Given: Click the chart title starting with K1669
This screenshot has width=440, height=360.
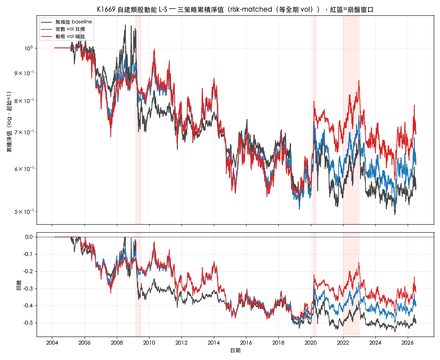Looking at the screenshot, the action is [235, 10].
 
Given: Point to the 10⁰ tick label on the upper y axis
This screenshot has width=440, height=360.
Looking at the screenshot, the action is [29, 48].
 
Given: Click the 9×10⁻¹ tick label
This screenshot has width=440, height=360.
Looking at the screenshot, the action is [24, 73].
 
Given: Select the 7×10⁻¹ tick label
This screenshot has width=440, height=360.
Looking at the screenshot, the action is [24, 132].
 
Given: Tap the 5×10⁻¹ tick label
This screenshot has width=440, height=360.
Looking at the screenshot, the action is [24, 212].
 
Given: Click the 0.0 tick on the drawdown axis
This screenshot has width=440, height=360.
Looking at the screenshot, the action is [29, 237].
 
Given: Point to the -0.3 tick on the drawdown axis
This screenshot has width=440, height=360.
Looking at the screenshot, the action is [28, 289].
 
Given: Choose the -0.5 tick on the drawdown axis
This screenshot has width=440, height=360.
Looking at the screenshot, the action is [28, 323].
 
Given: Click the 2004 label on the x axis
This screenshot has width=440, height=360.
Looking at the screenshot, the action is [52, 343].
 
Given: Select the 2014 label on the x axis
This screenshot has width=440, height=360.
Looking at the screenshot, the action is [214, 343].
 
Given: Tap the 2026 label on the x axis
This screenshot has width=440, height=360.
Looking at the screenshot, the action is [407, 343].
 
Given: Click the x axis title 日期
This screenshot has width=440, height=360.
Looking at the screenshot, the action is [235, 350].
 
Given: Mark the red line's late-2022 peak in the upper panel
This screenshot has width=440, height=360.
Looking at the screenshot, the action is [359, 80].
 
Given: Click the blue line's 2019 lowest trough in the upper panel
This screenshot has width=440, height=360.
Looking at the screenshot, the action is [299, 209].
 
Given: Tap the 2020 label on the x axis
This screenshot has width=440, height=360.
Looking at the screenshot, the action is [311, 343].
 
